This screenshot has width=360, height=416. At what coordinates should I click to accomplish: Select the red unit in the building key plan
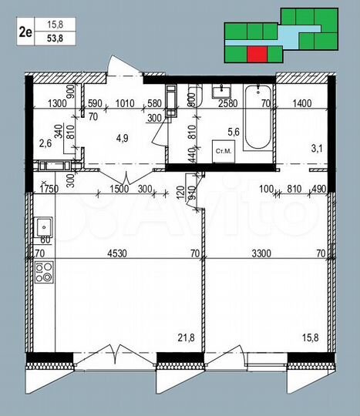coord(257,53)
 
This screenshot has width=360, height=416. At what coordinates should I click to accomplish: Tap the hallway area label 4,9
coord(120,139)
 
